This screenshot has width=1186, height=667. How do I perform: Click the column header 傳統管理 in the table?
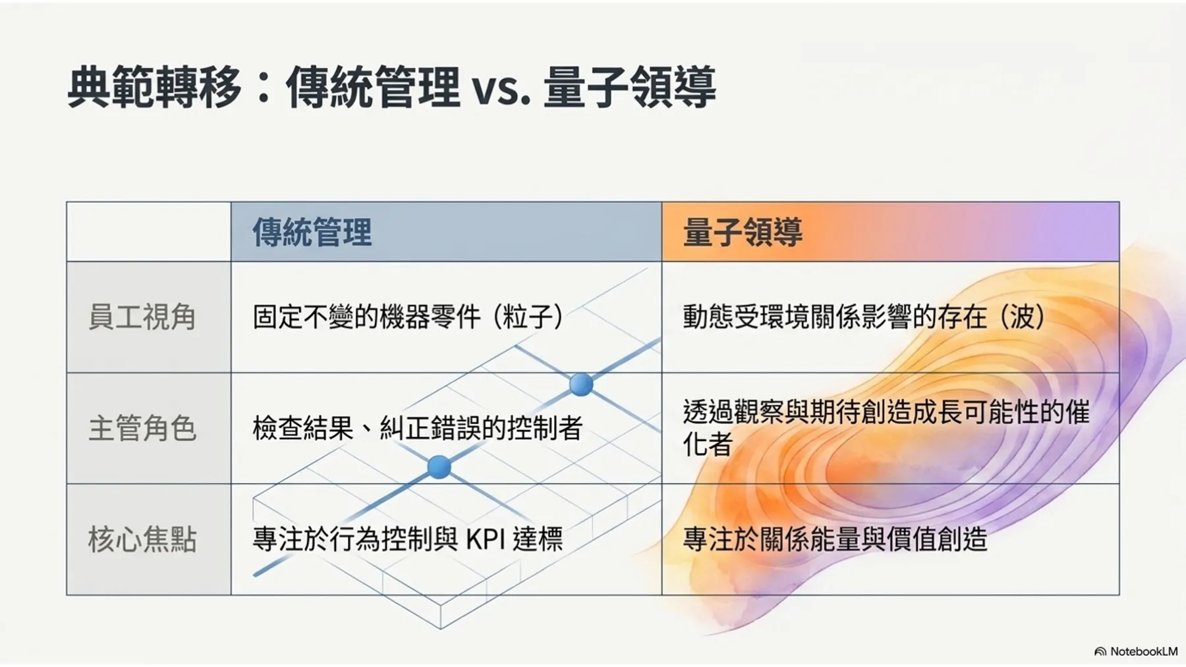pyautogui.click(x=312, y=232)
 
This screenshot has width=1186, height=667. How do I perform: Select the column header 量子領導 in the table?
pyautogui.click(x=743, y=232)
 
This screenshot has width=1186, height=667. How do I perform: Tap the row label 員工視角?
pyautogui.click(x=142, y=317)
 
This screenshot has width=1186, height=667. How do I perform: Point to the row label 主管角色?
pyautogui.click(x=142, y=428)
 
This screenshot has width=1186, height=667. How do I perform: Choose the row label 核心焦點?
pyautogui.click(x=142, y=539)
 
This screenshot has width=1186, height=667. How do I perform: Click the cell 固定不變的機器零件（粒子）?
pyautogui.click(x=409, y=317)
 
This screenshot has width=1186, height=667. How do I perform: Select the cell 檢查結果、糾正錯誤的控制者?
pyautogui.click(x=418, y=429)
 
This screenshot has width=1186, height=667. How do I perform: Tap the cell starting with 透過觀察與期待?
pyautogui.click(x=886, y=428)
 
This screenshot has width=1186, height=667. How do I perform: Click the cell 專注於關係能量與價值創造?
pyautogui.click(x=835, y=539)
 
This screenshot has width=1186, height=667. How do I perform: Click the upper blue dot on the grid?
pyautogui.click(x=580, y=384)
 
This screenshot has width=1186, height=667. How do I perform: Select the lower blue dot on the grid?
pyautogui.click(x=439, y=467)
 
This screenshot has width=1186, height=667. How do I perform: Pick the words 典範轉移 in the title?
pyautogui.click(x=154, y=87)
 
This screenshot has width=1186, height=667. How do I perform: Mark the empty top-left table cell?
pyautogui.click(x=149, y=232)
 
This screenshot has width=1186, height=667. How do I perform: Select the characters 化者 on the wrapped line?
pyautogui.click(x=708, y=444)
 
